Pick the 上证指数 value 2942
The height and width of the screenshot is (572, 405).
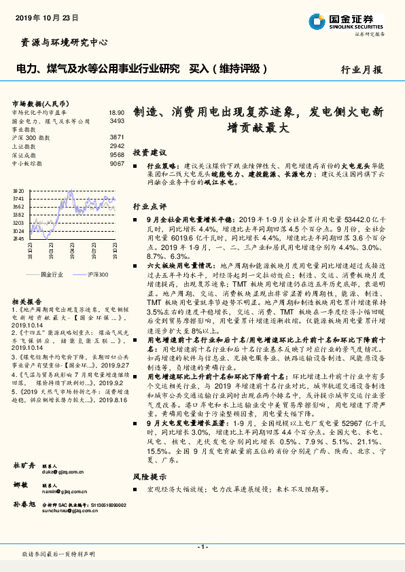click(x=116, y=146)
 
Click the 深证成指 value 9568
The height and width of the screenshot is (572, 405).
click(x=116, y=155)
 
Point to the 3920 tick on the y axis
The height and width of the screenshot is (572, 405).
click(x=18, y=190)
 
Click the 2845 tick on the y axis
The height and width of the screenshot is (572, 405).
click(x=18, y=239)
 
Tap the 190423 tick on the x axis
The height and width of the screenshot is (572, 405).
click(x=71, y=252)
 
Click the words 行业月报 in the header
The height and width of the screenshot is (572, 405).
click(x=361, y=69)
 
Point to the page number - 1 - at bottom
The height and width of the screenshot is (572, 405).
click(x=202, y=546)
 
